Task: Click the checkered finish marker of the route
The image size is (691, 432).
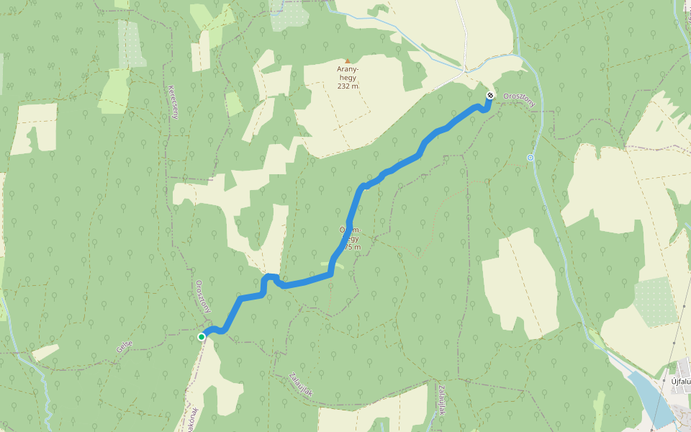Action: point(489,95)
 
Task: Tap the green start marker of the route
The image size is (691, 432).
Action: point(202,336)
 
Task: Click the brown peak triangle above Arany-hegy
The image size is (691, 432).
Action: point(348,61)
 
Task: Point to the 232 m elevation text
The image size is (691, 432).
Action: point(348,86)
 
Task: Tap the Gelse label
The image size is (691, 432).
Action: point(125,347)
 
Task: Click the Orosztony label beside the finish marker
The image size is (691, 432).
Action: point(520,99)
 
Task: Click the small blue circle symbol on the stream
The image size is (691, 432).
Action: point(530,157)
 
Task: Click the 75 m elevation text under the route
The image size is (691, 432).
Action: point(352,247)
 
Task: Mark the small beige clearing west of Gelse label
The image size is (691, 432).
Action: point(45,352)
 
